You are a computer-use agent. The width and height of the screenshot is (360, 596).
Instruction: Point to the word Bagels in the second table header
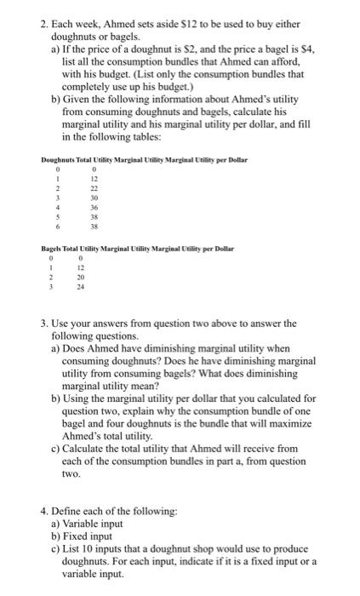pos(53,249)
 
